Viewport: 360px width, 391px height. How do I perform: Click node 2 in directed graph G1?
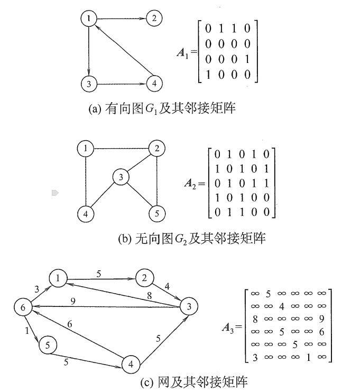point(153,20)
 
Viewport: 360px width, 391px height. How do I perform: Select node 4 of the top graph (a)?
point(153,83)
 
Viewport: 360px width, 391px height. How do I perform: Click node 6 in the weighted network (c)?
point(22,307)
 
